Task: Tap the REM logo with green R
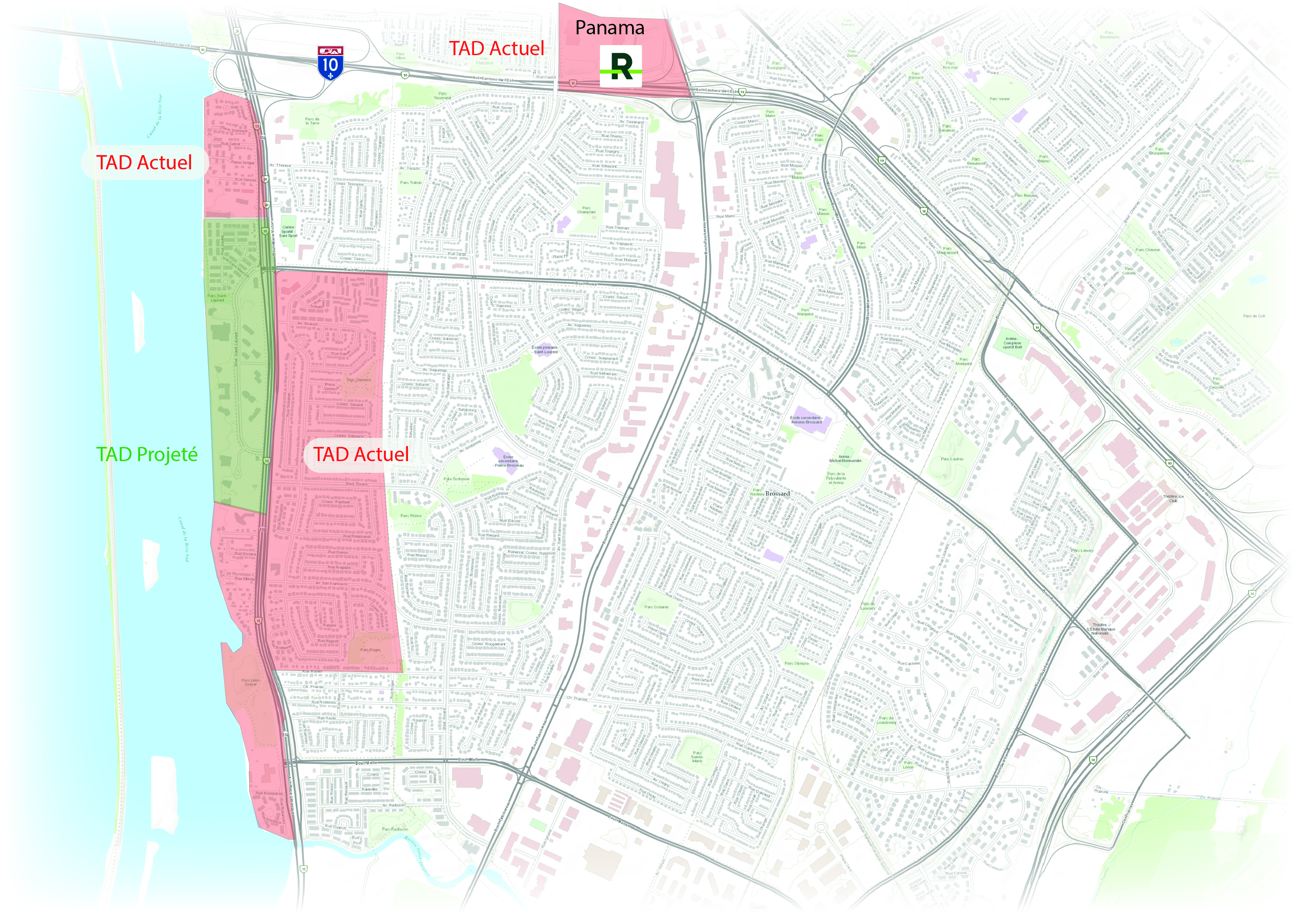point(620,66)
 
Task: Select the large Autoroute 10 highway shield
point(330,63)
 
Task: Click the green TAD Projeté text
point(147,454)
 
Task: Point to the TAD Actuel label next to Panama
point(496,48)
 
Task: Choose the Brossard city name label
point(778,493)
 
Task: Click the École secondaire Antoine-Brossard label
point(806,420)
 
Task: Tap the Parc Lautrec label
point(952,459)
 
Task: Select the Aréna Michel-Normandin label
point(844,459)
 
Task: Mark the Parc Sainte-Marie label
point(698,757)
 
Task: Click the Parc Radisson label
point(395,829)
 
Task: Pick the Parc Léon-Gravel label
point(250,682)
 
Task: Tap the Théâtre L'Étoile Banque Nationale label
point(1099,629)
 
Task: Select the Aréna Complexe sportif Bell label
point(1012,343)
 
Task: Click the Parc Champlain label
point(586,210)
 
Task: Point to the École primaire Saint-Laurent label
point(544,350)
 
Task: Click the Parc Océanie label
point(657,607)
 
